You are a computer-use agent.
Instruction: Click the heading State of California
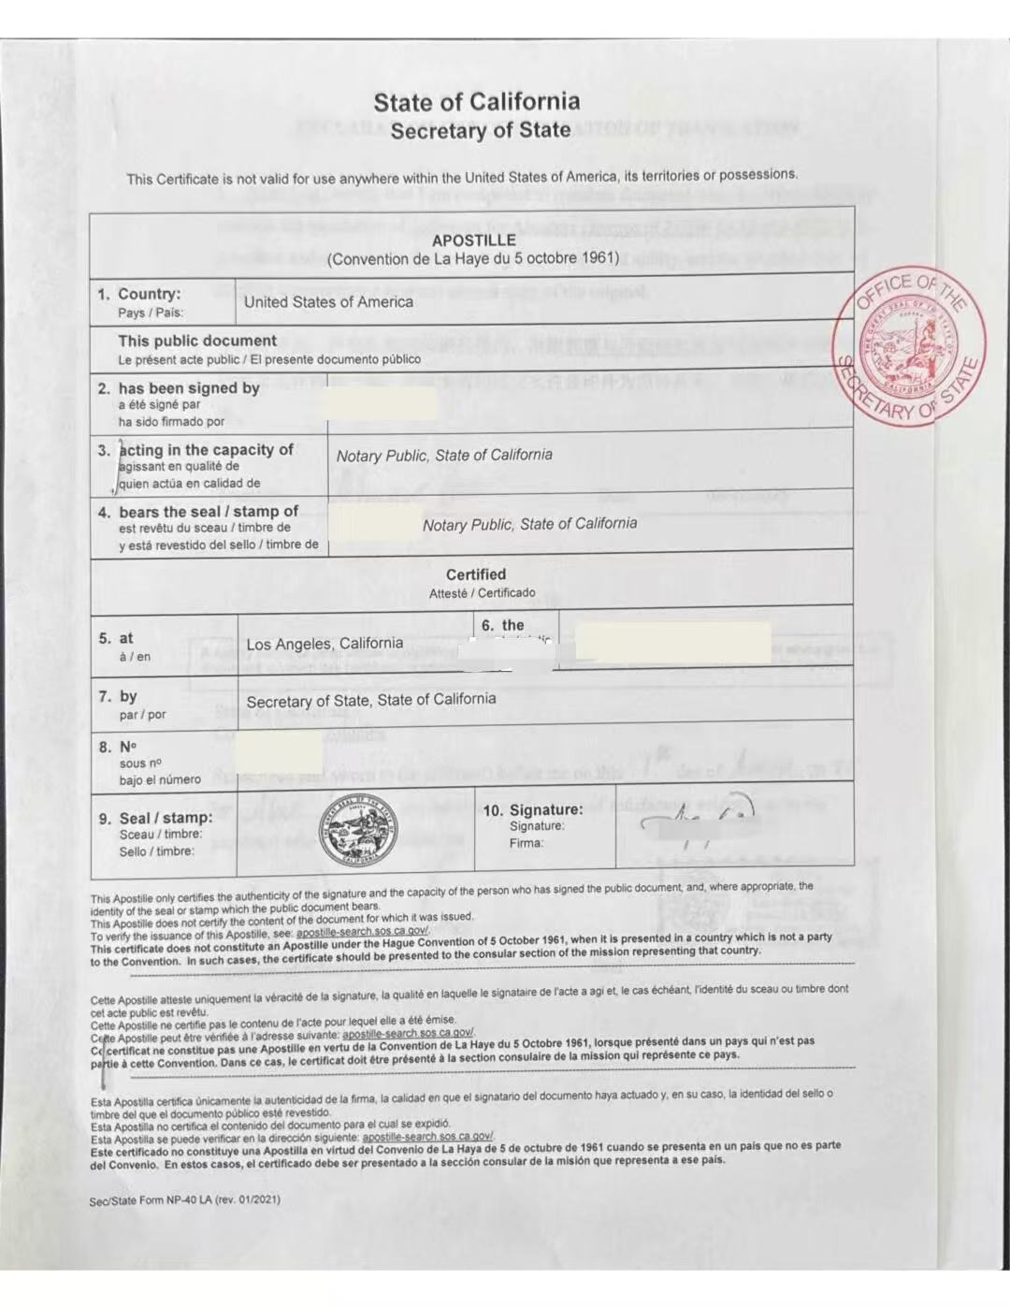click(x=477, y=102)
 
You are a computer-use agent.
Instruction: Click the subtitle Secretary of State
click(x=481, y=131)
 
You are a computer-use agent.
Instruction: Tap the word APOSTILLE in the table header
click(x=473, y=240)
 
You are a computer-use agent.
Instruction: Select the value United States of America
click(x=328, y=302)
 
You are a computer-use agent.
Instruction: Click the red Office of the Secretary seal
click(x=909, y=348)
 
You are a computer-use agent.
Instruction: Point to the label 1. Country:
click(x=139, y=294)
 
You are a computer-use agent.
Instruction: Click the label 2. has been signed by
click(x=180, y=388)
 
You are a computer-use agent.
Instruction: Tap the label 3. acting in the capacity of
click(x=196, y=450)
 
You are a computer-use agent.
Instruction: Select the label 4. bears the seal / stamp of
click(x=199, y=512)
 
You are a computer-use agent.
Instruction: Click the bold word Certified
click(x=476, y=574)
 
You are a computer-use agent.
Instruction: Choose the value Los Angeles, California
click(x=325, y=644)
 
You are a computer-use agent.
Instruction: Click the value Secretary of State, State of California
click(x=371, y=700)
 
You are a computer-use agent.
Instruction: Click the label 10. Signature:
click(x=533, y=810)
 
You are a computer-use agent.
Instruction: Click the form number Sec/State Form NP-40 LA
click(x=184, y=1199)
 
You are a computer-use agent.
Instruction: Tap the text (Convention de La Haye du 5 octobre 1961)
click(x=473, y=258)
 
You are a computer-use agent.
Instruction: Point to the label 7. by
click(x=119, y=696)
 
